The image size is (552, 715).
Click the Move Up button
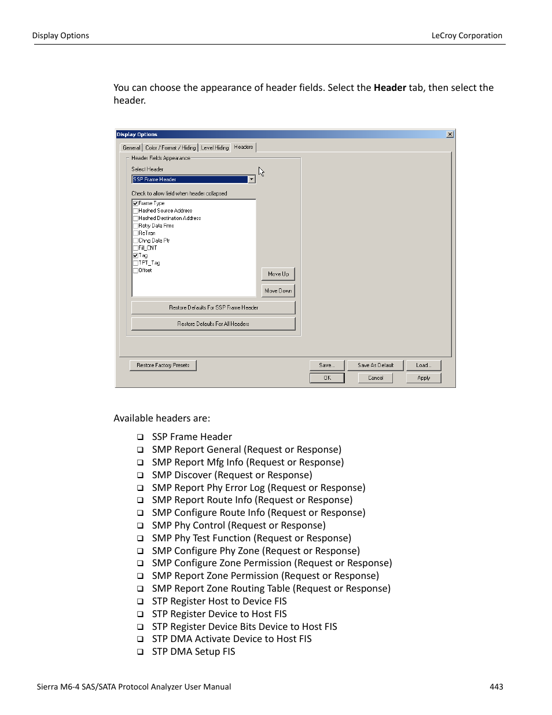point(278,274)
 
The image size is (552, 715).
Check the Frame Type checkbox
point(135,203)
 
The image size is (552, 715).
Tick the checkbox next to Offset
point(135,270)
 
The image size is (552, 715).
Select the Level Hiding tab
point(215,148)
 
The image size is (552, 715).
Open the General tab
point(131,148)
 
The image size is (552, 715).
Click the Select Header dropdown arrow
point(252,179)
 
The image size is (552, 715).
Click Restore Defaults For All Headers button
point(213,324)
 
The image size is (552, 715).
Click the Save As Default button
point(375,365)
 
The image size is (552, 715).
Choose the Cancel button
point(375,378)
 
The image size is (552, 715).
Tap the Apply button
point(424,378)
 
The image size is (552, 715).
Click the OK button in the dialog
point(327,378)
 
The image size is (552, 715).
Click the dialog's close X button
point(450,134)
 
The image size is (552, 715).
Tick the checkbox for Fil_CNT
point(135,248)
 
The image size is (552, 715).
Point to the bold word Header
point(390,88)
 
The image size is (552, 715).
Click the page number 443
point(496,687)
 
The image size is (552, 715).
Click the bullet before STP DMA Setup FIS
point(140,652)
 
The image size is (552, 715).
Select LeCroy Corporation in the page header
point(466,35)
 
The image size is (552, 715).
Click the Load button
point(423,365)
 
